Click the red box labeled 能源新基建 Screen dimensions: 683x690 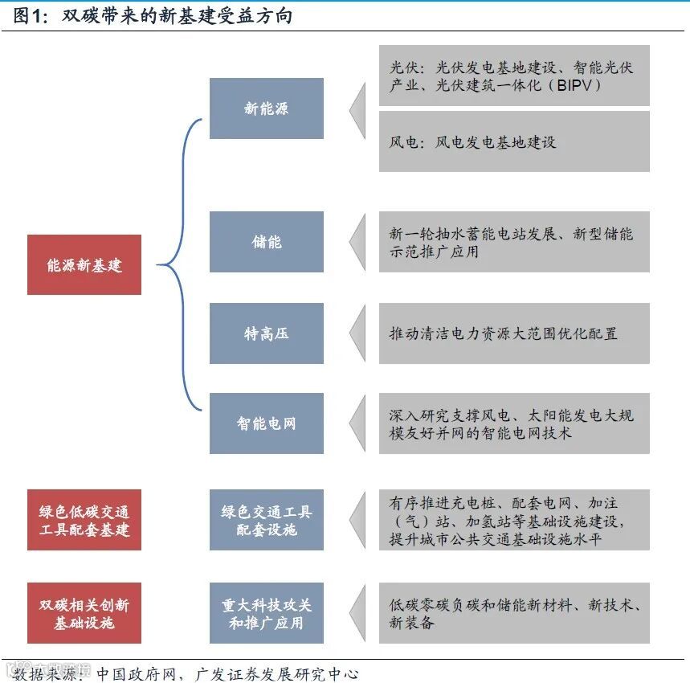(84, 264)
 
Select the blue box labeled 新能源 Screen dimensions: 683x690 (267, 108)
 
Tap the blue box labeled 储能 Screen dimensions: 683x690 (267, 242)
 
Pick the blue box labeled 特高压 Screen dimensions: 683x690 (267, 333)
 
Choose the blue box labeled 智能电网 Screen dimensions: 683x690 (267, 423)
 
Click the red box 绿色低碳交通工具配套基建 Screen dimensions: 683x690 (84, 520)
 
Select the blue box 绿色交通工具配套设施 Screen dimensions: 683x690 (267, 520)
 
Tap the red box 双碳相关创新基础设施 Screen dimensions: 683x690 (84, 613)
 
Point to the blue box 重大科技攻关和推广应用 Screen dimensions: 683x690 (267, 613)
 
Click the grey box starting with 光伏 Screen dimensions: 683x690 (514, 76)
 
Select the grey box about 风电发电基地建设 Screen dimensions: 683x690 (514, 142)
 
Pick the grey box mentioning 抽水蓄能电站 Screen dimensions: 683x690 (514, 242)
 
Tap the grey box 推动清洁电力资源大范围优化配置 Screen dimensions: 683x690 (514, 333)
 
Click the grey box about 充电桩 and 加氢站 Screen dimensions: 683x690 (514, 520)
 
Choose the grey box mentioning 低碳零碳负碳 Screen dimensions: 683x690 (514, 613)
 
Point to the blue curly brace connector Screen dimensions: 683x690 (182, 264)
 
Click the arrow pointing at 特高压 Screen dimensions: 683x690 (357, 333)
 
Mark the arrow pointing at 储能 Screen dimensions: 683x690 (357, 242)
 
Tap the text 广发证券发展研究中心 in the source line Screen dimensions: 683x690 (277, 673)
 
